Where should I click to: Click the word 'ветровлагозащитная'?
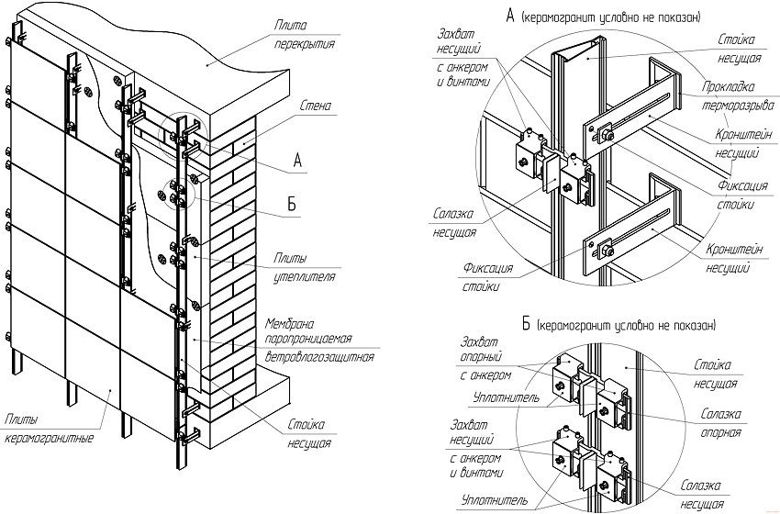point(318,355)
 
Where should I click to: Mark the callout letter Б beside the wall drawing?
point(292,205)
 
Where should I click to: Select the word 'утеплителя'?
point(309,274)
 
